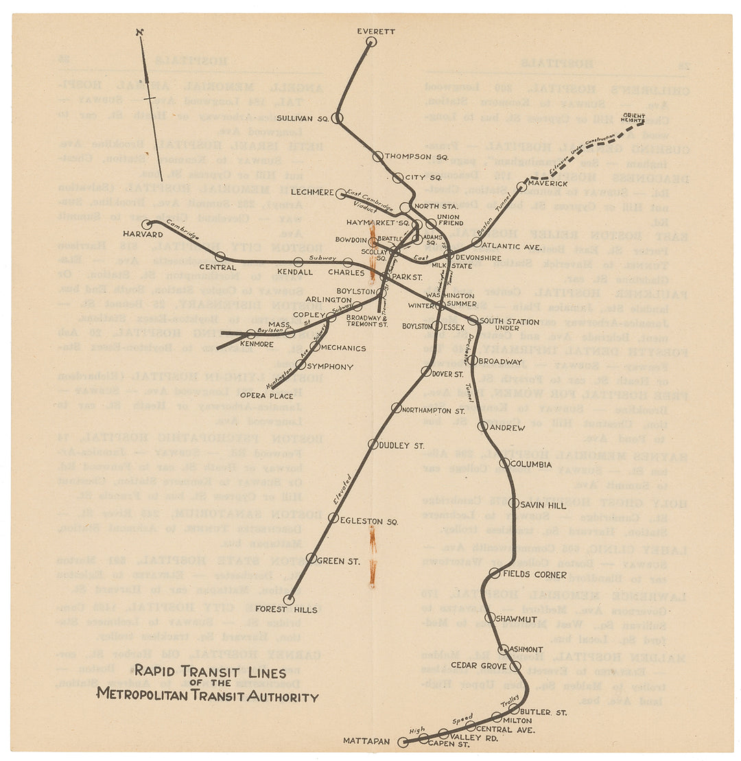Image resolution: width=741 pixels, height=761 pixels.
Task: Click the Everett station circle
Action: tap(371, 42)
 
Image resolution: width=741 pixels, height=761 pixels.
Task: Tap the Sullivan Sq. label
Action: tap(303, 118)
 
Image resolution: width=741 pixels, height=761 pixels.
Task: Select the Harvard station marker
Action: tap(146, 224)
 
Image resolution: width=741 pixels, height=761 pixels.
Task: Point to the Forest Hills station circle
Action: tap(289, 600)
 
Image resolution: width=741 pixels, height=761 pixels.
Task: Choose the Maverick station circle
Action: tap(521, 187)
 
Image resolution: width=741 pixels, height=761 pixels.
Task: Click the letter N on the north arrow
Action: tap(140, 32)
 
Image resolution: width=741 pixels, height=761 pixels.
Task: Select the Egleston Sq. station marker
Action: tap(333, 518)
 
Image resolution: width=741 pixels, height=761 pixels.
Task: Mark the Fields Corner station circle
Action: tap(495, 573)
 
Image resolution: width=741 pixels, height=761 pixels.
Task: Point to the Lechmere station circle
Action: tap(341, 194)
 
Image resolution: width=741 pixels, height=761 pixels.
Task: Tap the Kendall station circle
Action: tap(298, 262)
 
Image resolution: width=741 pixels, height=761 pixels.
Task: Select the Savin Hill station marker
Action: tap(514, 504)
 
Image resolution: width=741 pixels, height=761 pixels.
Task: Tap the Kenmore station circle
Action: tap(251, 333)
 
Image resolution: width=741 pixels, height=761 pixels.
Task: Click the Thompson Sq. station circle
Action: tap(377, 156)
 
